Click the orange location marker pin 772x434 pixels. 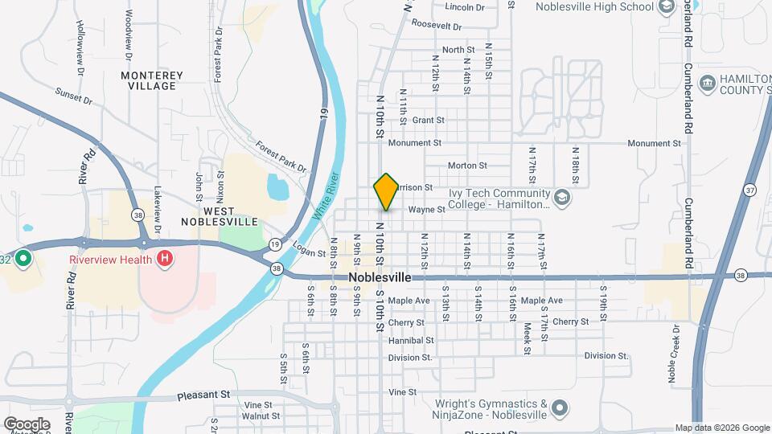[x=386, y=192]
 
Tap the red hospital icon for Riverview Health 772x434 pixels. [x=165, y=259]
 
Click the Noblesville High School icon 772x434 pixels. [x=666, y=7]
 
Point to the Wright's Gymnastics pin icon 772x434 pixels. [x=561, y=407]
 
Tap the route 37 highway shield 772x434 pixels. [x=749, y=189]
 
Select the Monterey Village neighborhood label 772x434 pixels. [x=152, y=80]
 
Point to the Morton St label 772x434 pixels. [x=467, y=166]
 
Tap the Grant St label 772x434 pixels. [x=428, y=120]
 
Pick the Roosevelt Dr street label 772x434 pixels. [x=434, y=24]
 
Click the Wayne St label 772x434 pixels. [x=426, y=210]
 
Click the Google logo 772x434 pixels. [x=27, y=424]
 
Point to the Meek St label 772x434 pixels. [x=528, y=338]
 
